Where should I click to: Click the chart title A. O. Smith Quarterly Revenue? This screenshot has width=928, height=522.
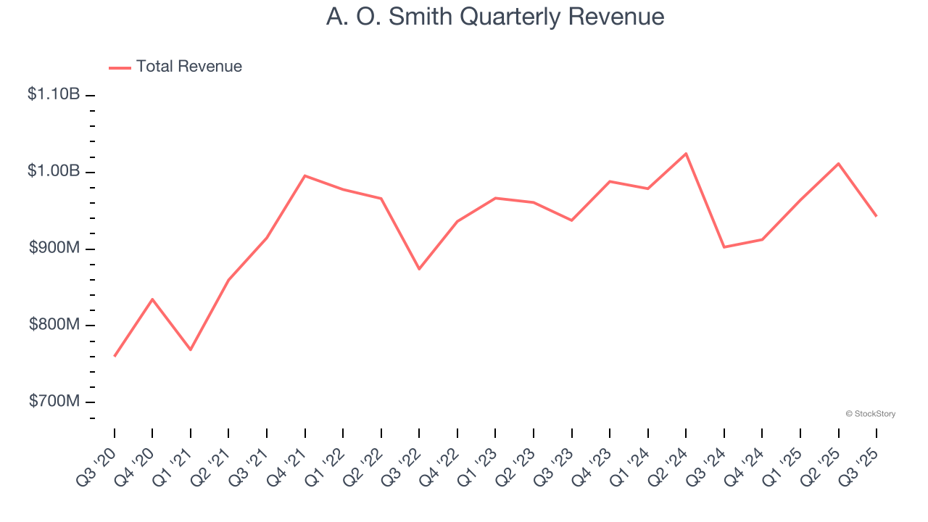point(495,17)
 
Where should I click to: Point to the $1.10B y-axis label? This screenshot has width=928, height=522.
point(54,94)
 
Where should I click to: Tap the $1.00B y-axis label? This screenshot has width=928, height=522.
point(54,171)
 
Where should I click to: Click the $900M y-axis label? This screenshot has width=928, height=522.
point(54,248)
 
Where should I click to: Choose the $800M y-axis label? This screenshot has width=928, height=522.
point(54,325)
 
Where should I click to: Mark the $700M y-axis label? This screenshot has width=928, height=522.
point(54,402)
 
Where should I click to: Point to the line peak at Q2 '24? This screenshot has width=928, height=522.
point(686,154)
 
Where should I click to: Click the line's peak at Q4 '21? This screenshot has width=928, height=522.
point(304,175)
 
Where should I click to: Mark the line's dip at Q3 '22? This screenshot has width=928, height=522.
point(419,269)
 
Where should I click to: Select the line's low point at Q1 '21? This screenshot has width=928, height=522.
point(191,349)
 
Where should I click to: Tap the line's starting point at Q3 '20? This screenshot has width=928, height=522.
point(115,356)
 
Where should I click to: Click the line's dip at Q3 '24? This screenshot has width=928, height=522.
point(724,247)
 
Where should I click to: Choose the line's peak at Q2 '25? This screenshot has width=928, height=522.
point(838,164)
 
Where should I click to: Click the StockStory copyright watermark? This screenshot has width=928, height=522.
point(870,414)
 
